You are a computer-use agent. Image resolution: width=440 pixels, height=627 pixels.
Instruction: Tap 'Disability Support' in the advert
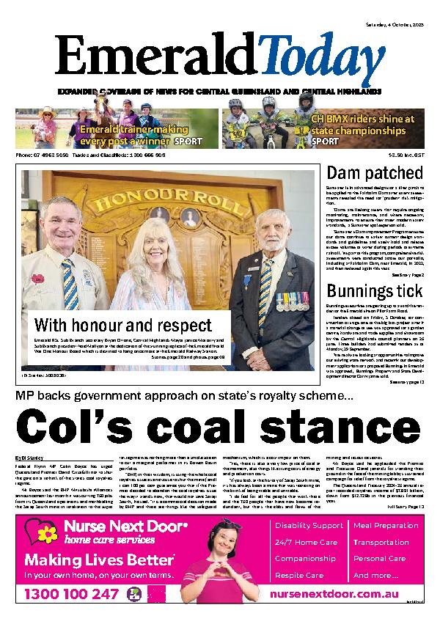307,526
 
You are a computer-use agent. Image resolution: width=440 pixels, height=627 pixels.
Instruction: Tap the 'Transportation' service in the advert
381,543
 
